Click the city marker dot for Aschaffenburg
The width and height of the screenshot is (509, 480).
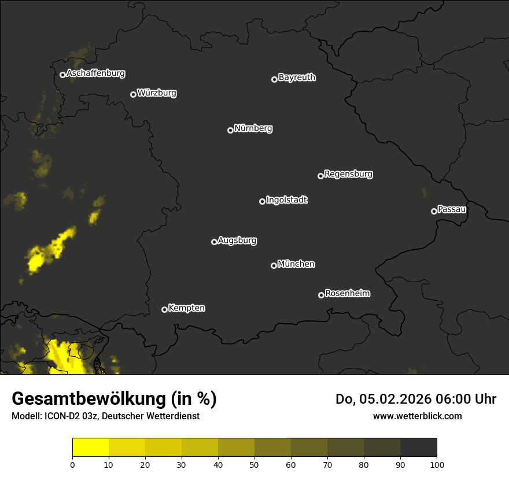[x=62, y=75]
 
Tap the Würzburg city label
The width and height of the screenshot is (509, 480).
[x=157, y=93]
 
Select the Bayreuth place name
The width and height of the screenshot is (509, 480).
[x=297, y=77]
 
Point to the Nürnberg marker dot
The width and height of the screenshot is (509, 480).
[x=230, y=130]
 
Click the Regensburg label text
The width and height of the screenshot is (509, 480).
[x=348, y=174]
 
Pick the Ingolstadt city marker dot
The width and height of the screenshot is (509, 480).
[x=262, y=201]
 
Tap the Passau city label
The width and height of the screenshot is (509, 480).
[x=452, y=209]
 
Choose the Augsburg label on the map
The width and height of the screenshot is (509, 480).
[x=237, y=241]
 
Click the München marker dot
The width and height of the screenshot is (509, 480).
[x=274, y=266]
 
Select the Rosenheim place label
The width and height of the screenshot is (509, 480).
[x=347, y=294]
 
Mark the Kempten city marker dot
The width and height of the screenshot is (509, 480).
[x=164, y=309]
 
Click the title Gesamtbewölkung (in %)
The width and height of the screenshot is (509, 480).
[x=114, y=399]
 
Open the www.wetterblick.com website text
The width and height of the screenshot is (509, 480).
[x=417, y=416]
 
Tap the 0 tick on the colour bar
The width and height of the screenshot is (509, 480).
[x=72, y=464]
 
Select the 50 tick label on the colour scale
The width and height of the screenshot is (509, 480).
[x=254, y=464]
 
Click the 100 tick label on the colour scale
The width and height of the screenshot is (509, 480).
[x=437, y=464]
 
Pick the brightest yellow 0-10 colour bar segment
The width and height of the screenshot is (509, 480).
[x=90, y=448]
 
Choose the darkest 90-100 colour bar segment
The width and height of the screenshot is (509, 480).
[x=418, y=448]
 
